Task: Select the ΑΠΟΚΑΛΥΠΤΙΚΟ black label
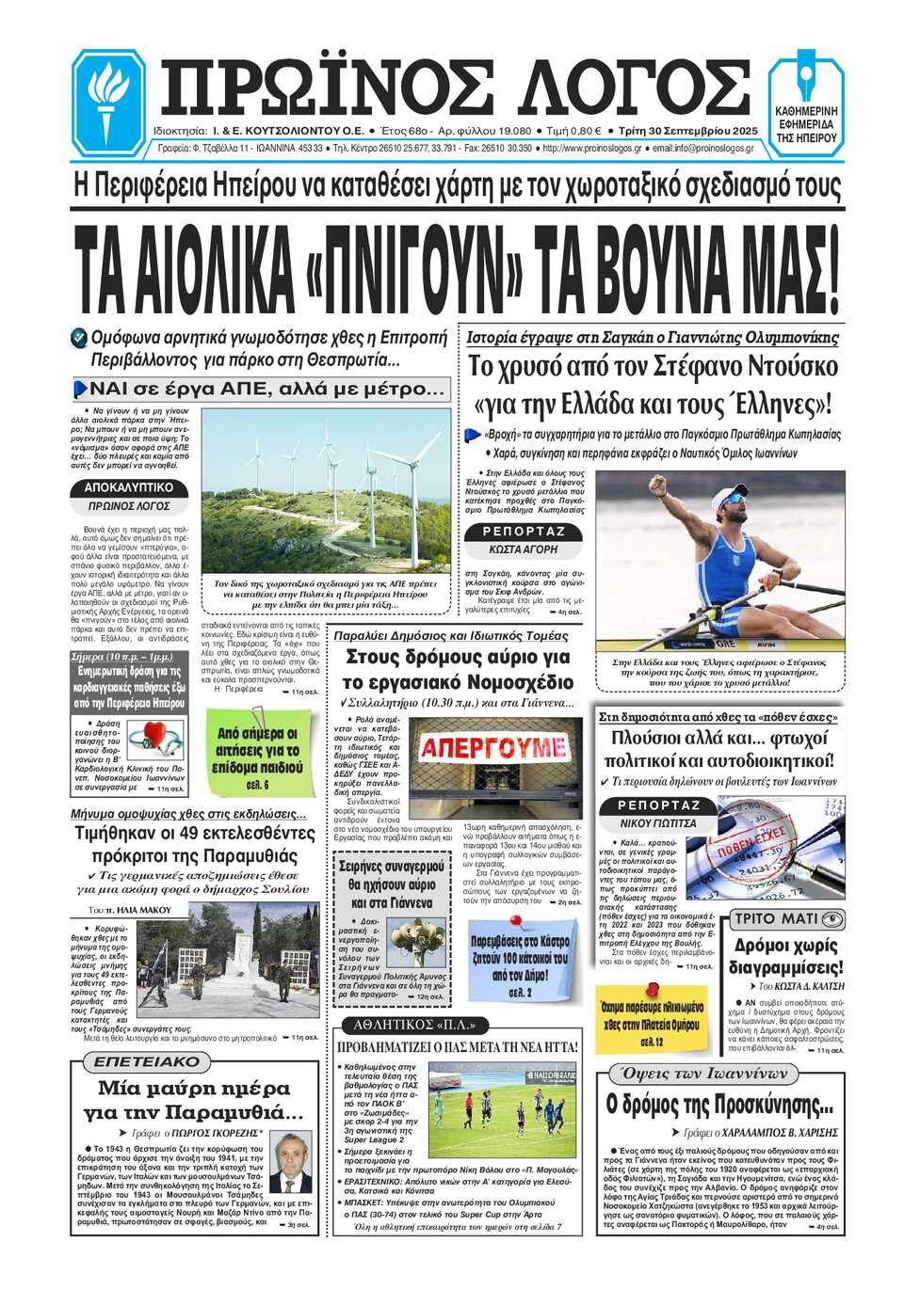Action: (129, 487)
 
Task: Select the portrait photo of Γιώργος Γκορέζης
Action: (290, 1164)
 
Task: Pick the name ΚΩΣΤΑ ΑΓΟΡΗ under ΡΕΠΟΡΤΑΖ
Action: (524, 549)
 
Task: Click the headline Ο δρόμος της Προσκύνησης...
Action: (720, 1104)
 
